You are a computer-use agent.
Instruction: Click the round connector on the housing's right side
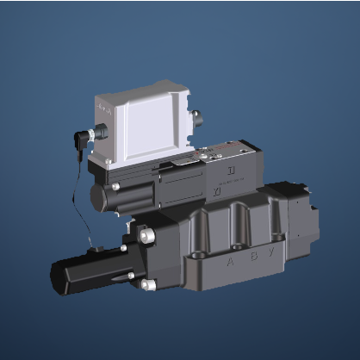(x=196, y=115)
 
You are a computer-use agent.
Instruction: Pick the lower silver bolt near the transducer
(x=148, y=284)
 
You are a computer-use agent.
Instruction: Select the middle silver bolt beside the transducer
(x=131, y=276)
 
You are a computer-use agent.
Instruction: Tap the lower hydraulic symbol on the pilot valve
(x=214, y=189)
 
